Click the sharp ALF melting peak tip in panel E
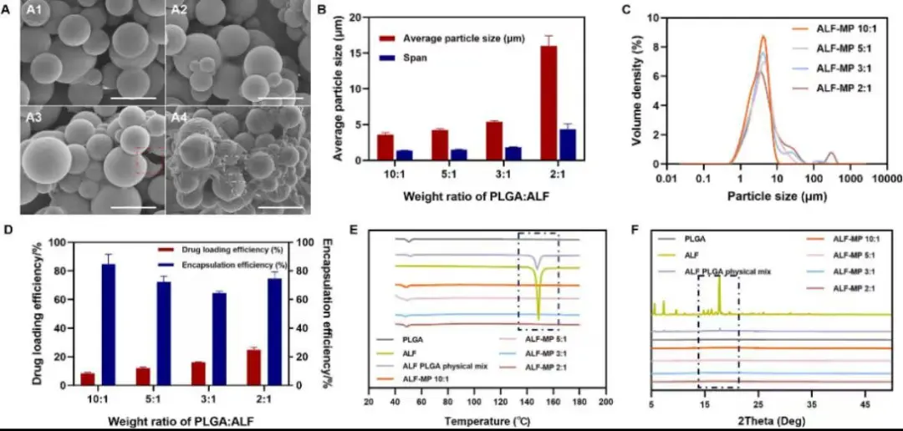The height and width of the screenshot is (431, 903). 538,318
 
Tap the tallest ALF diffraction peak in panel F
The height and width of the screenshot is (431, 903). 719,279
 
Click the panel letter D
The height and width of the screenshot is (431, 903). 9,227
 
